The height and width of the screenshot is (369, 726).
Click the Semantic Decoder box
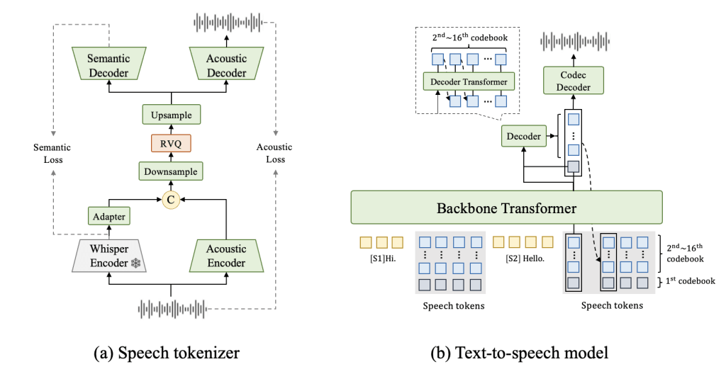pyautogui.click(x=108, y=64)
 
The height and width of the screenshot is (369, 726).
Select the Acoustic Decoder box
pyautogui.click(x=227, y=64)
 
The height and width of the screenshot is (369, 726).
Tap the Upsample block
pyautogui.click(x=171, y=114)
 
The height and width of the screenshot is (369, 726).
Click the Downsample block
pyautogui.click(x=171, y=171)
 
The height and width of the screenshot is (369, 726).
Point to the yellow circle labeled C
pyautogui.click(x=170, y=200)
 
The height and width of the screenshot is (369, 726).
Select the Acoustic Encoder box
pyautogui.click(x=227, y=256)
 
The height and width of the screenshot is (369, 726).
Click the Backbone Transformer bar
pyautogui.click(x=506, y=208)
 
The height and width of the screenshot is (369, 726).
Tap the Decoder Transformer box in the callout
pyautogui.click(x=468, y=81)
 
